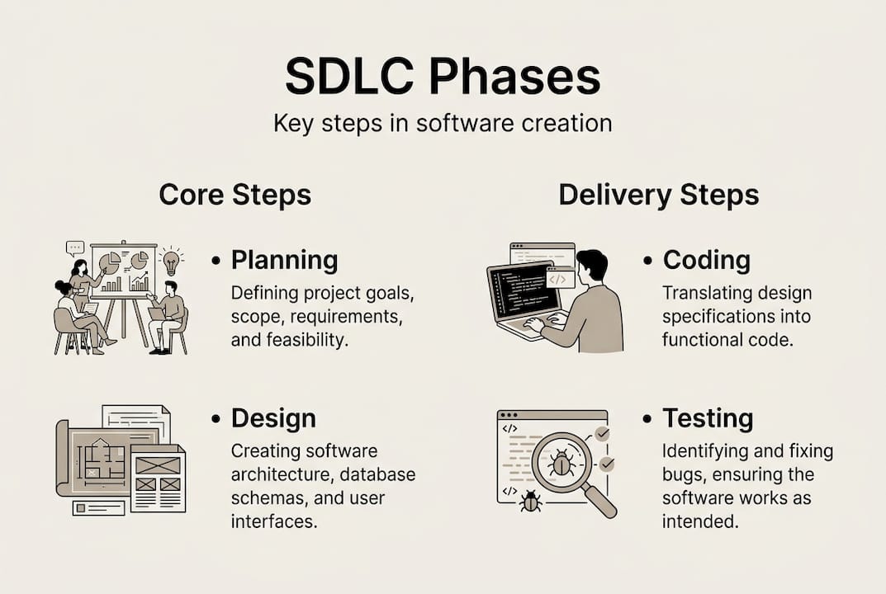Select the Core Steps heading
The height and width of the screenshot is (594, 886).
click(x=235, y=196)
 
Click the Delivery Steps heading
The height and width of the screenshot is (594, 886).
click(x=658, y=196)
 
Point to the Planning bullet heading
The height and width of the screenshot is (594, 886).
click(x=284, y=261)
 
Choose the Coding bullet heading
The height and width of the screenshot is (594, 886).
click(x=706, y=261)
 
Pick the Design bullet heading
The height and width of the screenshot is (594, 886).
click(x=273, y=418)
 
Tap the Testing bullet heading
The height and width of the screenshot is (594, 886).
click(x=708, y=418)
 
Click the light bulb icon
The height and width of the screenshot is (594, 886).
click(x=171, y=262)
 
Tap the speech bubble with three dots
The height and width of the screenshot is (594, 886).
click(x=75, y=247)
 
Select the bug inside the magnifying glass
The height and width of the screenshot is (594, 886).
click(x=561, y=463)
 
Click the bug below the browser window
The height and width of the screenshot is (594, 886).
click(x=531, y=500)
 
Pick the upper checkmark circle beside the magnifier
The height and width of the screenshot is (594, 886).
click(x=603, y=434)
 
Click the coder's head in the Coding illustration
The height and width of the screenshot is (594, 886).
click(x=591, y=266)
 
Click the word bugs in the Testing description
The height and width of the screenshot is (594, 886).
click(x=680, y=475)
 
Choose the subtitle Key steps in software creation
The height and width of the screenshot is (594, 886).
click(x=443, y=124)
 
